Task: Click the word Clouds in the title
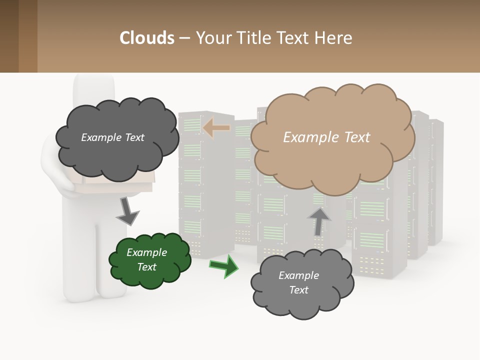147,38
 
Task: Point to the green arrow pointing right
224,265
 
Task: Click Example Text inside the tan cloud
326,137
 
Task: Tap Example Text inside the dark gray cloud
112,137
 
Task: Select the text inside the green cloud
146,259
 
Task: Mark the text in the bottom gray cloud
298,282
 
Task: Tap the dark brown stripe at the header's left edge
9,36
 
